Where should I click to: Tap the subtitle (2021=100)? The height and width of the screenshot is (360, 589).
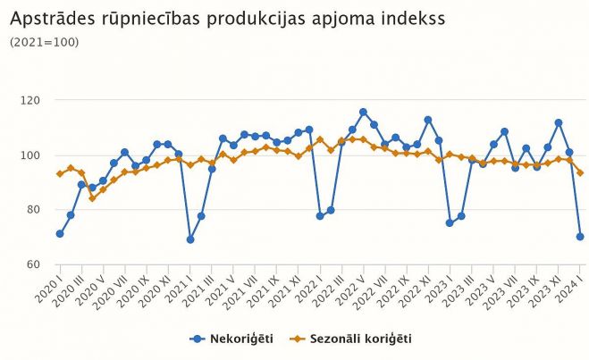coord(44,42)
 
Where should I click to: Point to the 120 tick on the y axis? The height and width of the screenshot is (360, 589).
coord(32,100)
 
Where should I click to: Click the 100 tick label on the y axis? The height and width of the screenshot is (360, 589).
coord(32,155)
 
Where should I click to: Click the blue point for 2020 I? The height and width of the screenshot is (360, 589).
coord(60,234)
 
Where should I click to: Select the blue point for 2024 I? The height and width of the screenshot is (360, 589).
coord(580,237)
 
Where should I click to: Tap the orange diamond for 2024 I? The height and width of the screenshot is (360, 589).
coord(580,172)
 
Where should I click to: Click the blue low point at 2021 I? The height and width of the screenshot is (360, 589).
coord(190,239)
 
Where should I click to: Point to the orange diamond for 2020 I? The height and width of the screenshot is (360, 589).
coord(60,173)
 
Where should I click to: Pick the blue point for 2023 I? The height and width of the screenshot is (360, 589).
coord(450,222)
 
